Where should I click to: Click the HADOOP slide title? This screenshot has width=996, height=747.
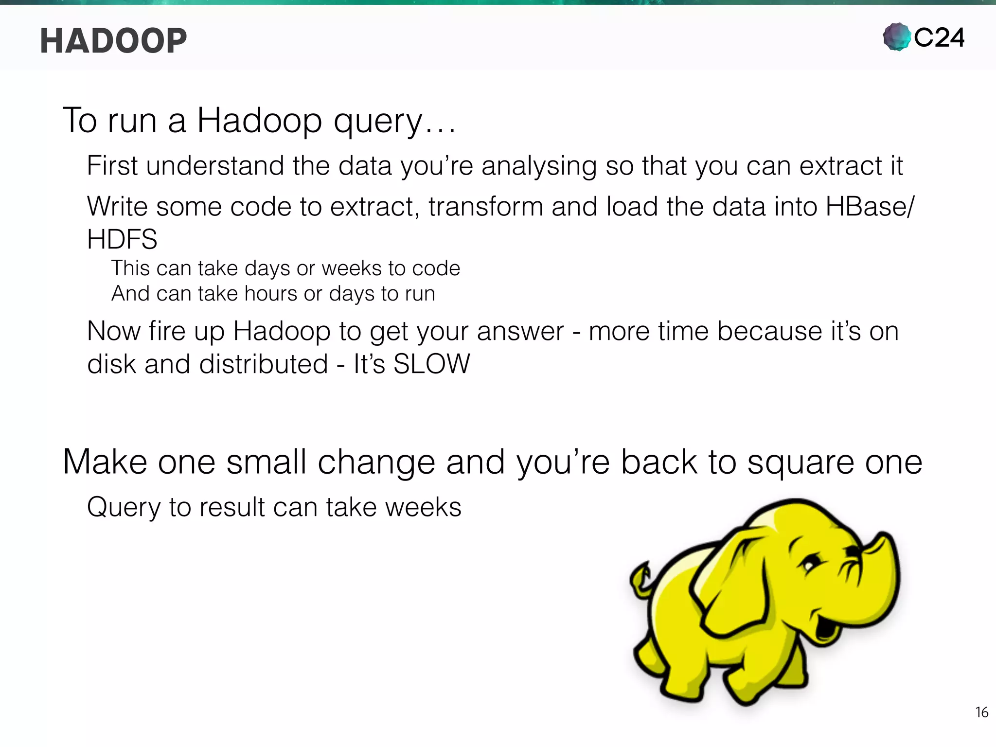(113, 41)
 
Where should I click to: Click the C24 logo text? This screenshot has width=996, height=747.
(939, 38)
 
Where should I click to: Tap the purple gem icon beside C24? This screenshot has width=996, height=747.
(896, 37)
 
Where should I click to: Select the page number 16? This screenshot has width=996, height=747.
(981, 712)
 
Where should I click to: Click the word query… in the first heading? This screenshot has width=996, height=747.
(394, 122)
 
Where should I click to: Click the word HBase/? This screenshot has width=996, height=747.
(870, 207)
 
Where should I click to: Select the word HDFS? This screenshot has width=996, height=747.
(122, 239)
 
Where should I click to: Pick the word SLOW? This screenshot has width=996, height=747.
(431, 364)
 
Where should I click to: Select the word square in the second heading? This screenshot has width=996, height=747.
(800, 462)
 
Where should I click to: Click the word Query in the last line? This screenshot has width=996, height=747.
(124, 507)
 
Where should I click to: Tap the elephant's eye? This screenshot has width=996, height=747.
(808, 566)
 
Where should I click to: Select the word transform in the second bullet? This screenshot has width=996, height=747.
(485, 207)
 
